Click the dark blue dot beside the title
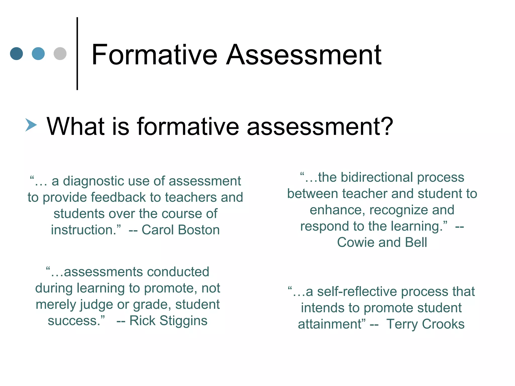[x=17, y=54]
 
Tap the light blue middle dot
[x=38, y=54]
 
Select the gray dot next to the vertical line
[x=60, y=54]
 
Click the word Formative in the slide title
[x=154, y=55]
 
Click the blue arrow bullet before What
[x=31, y=125]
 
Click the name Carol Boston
[x=181, y=230]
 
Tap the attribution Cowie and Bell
[x=382, y=243]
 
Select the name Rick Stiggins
[x=168, y=321]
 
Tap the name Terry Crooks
[x=425, y=324]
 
